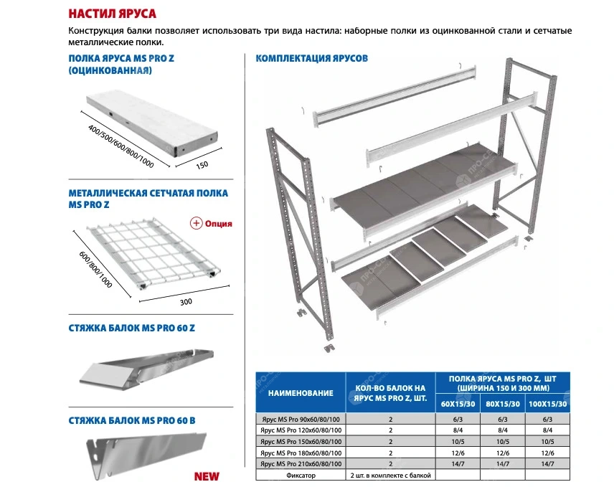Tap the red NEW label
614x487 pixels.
[x=206, y=476]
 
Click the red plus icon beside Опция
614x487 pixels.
[x=196, y=223]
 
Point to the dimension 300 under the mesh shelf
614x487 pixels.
[x=186, y=301]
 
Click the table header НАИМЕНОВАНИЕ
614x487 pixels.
[x=301, y=393]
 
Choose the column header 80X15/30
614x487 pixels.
[x=502, y=405]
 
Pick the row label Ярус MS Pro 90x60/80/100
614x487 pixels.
[x=301, y=420]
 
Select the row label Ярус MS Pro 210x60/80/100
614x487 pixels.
[x=301, y=463]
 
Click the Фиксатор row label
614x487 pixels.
[x=301, y=475]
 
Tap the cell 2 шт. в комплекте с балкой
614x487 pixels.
[x=390, y=475]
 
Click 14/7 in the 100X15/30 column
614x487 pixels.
[x=547, y=463]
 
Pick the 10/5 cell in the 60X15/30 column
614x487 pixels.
[x=457, y=441]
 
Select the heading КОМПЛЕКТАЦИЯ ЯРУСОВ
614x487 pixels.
[x=313, y=58]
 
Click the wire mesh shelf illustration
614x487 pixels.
[x=151, y=251]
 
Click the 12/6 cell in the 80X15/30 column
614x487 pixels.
[x=502, y=453]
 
